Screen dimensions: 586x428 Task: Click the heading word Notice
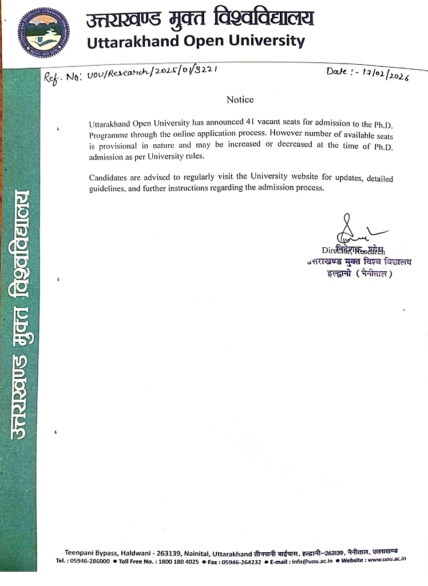click(x=240, y=100)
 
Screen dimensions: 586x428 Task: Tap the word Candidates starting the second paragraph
click(x=109, y=177)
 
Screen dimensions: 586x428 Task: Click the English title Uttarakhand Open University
click(x=195, y=41)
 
